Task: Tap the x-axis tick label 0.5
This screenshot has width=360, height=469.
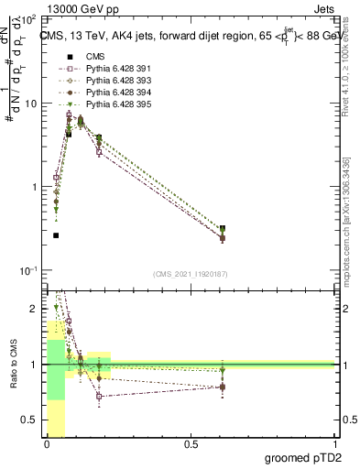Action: point(191,444)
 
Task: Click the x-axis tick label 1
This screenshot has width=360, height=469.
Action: point(334,444)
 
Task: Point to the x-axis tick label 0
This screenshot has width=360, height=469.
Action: point(47,444)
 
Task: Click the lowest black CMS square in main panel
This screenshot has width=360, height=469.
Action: point(56,235)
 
